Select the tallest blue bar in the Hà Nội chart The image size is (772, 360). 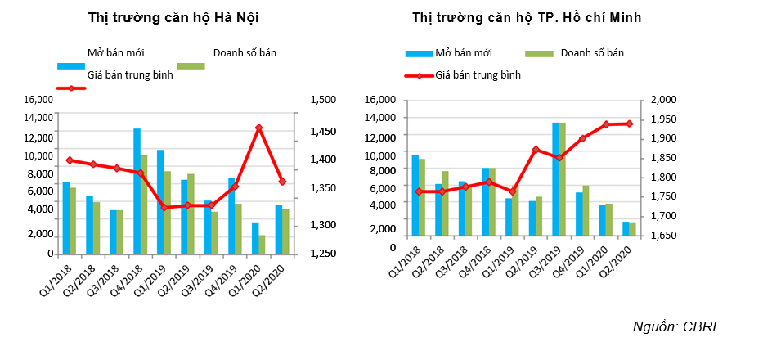pos(137,191)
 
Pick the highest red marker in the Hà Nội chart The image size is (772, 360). pos(258,128)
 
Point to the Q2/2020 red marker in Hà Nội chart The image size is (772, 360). pos(282,182)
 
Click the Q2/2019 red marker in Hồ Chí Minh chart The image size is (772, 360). pos(536,150)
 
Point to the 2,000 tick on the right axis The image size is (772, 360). pos(663,100)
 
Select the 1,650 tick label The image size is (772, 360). pos(663,235)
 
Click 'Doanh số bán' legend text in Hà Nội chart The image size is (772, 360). pos(245,53)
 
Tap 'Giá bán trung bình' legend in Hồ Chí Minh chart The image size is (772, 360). pos(478,74)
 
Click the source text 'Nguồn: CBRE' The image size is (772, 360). pos(678,326)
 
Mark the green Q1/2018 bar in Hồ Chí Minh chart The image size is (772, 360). pos(422,196)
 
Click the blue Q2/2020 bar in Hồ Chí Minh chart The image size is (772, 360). pos(626,228)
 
